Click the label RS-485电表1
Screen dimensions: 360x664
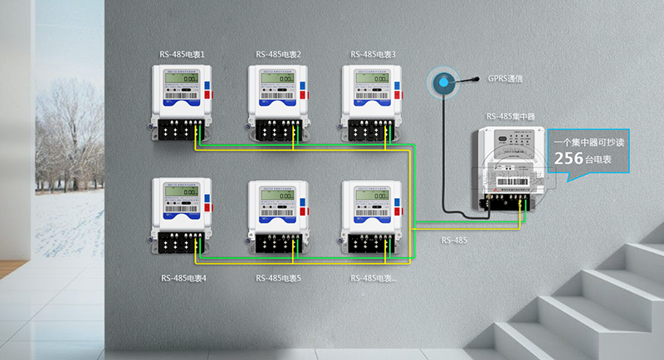(183, 55)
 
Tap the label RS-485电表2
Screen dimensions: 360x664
(278, 55)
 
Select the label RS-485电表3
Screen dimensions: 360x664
(373, 55)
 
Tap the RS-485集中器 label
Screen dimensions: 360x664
(513, 117)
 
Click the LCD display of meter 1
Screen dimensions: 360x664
(182, 78)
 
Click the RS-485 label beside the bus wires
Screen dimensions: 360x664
(454, 241)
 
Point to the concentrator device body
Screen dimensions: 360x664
(508, 166)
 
